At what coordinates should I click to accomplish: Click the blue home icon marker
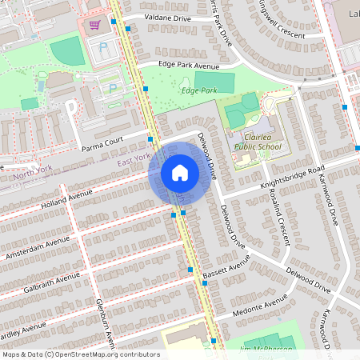pyautogui.click(x=180, y=173)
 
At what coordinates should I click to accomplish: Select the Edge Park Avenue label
pyautogui.click(x=188, y=66)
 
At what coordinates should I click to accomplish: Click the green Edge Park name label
pyautogui.click(x=199, y=91)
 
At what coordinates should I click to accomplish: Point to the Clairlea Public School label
pyautogui.click(x=258, y=142)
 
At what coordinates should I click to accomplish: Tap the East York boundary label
pyautogui.click(x=134, y=159)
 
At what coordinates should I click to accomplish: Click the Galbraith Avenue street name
pyautogui.click(x=51, y=282)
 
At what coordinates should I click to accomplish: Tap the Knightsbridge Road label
pyautogui.click(x=291, y=178)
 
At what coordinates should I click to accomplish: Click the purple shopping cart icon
pyautogui.click(x=95, y=25)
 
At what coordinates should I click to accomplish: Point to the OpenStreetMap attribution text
pyautogui.click(x=81, y=354)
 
